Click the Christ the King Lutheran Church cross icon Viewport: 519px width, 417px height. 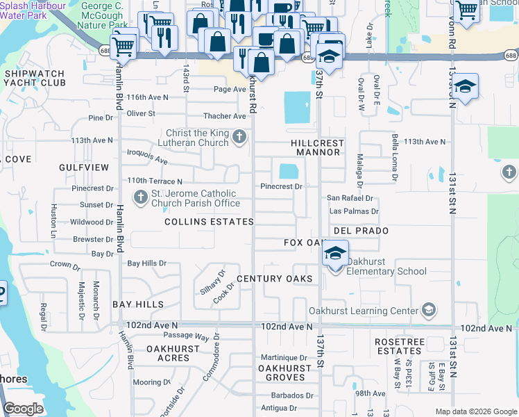click(239, 136)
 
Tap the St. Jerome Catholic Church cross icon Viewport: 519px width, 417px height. click(141, 198)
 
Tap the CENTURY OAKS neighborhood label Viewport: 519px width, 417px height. click(274, 279)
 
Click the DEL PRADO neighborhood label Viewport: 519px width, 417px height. click(360, 230)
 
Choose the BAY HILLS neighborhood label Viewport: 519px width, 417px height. click(138, 304)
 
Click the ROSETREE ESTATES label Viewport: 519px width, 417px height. click(398, 347)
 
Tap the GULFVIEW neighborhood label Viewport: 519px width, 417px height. click(84, 167)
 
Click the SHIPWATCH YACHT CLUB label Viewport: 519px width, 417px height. click(34, 78)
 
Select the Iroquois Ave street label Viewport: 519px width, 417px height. click(147, 156)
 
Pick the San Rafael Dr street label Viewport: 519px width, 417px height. click(350, 198)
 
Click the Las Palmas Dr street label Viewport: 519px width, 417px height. click(353, 211)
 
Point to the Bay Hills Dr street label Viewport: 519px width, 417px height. click(147, 263)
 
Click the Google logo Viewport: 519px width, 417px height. click(24, 409)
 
